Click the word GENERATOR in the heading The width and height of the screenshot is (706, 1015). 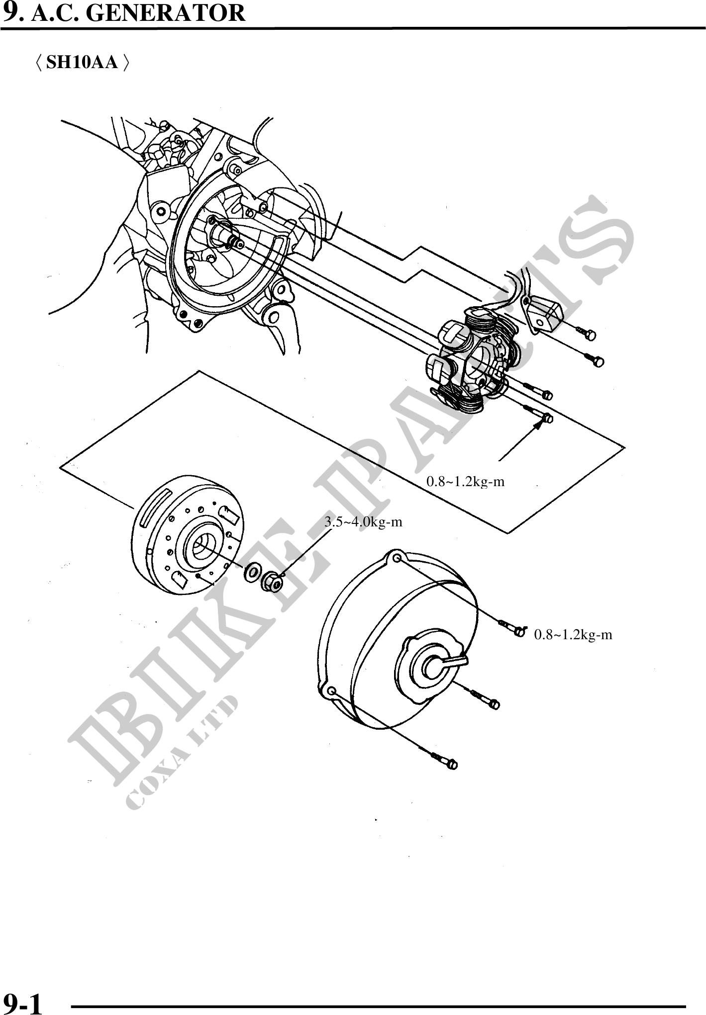[x=166, y=13]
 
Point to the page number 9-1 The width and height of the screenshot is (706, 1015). [x=22, y=1002]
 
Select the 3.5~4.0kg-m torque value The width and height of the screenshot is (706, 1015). [x=363, y=522]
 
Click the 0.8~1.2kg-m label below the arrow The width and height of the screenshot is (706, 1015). [x=466, y=482]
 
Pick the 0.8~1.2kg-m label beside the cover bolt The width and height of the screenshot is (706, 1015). [x=573, y=635]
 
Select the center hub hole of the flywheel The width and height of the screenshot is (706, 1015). [x=203, y=546]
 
